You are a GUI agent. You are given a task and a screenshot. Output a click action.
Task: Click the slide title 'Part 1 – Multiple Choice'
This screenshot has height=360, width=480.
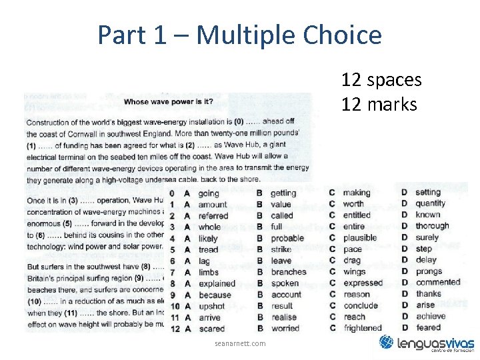click(239, 35)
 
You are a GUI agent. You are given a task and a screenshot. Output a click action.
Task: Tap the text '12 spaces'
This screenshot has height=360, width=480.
click(381, 80)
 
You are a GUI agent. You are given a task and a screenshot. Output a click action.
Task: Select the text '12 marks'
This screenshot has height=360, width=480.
click(379, 105)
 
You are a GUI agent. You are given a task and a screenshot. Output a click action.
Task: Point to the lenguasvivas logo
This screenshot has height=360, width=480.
click(426, 343)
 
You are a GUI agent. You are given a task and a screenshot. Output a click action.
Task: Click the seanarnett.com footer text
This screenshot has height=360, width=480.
click(240, 343)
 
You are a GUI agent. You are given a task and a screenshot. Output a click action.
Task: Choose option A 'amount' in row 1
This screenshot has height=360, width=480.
click(213, 205)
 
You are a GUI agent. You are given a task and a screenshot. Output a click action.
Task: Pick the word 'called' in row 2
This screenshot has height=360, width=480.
click(282, 216)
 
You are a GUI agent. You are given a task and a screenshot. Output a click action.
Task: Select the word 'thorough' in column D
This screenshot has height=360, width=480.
click(432, 226)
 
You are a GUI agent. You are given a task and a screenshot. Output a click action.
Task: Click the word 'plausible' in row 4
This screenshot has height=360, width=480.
click(360, 238)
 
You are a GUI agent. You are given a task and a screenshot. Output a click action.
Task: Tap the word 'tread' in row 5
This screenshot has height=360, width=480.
click(209, 250)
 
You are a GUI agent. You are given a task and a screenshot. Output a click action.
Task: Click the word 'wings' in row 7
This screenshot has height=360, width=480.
click(355, 272)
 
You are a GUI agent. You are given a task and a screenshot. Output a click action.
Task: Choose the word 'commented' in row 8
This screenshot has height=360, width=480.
click(438, 283)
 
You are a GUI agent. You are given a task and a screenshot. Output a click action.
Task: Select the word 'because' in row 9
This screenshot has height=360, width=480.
click(215, 295)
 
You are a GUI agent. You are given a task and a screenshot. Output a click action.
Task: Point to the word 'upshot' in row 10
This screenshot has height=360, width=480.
click(212, 306)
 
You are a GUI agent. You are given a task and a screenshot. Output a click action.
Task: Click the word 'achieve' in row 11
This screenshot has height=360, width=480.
click(431, 317)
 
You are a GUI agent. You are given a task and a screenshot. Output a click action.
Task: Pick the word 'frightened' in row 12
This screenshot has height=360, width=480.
click(363, 328)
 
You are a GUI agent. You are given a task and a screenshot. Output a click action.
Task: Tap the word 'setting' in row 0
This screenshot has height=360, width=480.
click(428, 193)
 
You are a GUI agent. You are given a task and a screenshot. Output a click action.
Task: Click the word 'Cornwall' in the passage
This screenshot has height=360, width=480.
click(98, 133)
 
